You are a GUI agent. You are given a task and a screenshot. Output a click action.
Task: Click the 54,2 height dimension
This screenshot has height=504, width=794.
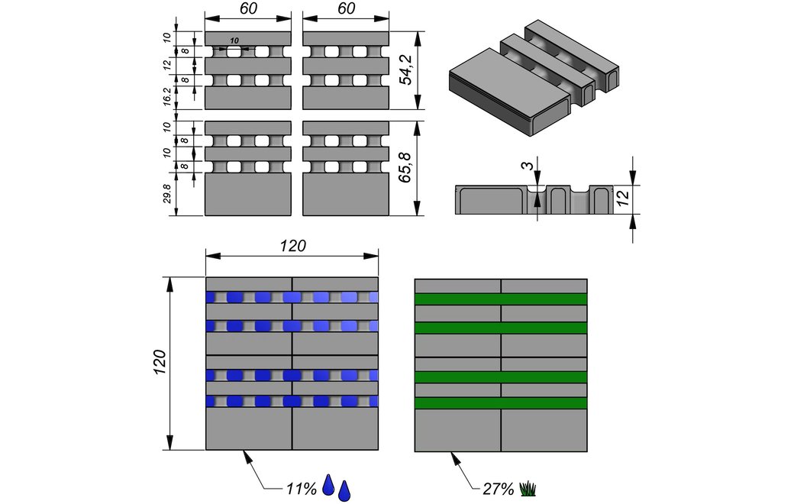(x=406, y=70)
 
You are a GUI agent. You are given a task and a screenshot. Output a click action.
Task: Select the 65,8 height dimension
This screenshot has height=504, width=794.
(x=406, y=168)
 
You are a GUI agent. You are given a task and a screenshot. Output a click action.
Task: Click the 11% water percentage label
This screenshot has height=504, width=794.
(x=301, y=489)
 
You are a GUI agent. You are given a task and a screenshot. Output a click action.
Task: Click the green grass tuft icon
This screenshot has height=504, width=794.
(x=528, y=488)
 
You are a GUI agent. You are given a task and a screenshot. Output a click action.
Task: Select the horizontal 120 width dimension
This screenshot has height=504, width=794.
(x=292, y=246)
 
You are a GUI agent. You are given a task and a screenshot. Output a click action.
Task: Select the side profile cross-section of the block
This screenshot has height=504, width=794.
(x=534, y=199)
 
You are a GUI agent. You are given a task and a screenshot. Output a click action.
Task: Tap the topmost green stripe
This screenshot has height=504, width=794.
(x=501, y=299)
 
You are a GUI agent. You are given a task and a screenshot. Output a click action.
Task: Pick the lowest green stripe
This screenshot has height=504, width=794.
(x=501, y=403)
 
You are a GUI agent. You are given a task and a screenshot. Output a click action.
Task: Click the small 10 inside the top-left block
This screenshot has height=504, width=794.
(x=234, y=40)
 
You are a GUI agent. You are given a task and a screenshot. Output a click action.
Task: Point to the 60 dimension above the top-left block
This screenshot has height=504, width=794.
(x=248, y=9)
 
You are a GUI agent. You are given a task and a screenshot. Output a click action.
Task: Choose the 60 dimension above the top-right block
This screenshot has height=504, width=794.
(x=346, y=9)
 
